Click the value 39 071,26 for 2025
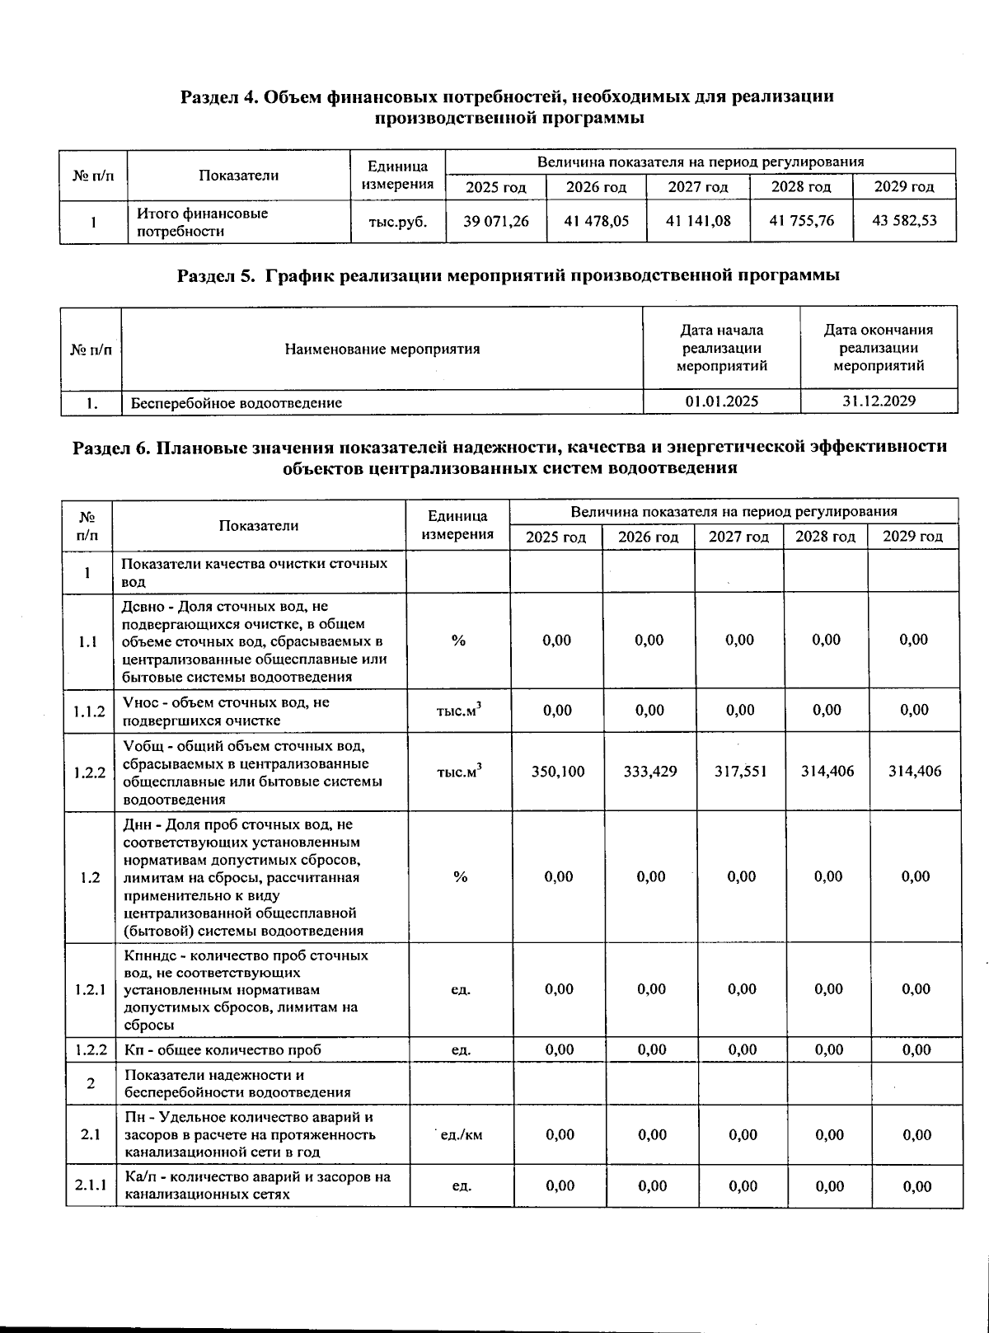click(495, 221)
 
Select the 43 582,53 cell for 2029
click(903, 221)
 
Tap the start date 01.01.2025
click(721, 401)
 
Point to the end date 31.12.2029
click(879, 401)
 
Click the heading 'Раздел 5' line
click(508, 275)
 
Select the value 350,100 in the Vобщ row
click(557, 772)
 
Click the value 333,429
click(649, 772)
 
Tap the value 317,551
click(739, 772)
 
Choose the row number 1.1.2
click(88, 711)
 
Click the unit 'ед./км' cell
click(461, 1135)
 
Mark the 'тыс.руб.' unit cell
click(398, 221)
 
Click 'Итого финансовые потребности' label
click(202, 222)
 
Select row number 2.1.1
click(90, 1186)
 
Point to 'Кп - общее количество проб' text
click(223, 1050)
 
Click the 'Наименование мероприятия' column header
click(382, 349)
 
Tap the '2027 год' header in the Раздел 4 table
click(697, 187)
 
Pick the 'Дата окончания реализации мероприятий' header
click(879, 347)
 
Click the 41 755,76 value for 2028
click(801, 221)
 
